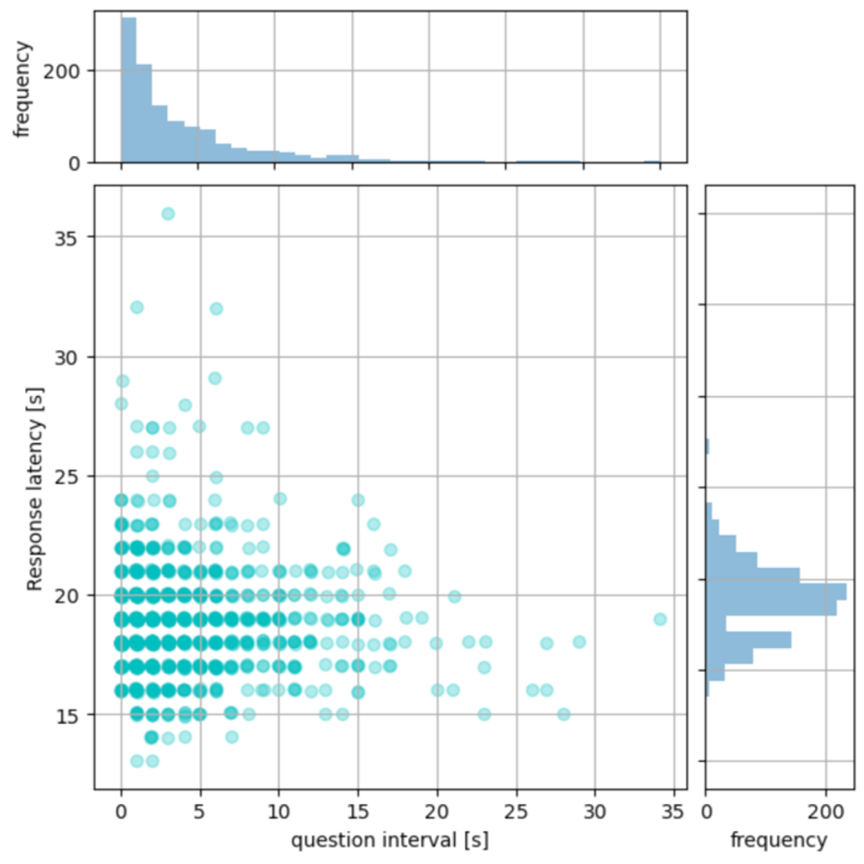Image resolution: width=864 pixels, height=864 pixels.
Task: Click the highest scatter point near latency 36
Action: click(168, 213)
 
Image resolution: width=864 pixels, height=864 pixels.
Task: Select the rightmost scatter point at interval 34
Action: click(660, 619)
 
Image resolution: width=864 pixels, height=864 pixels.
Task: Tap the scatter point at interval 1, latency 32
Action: click(137, 307)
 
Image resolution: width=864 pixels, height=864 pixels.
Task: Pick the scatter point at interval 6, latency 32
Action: click(216, 309)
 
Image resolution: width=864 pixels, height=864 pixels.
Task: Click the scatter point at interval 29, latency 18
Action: click(579, 641)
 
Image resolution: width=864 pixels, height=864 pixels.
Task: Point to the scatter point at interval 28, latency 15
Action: click(564, 714)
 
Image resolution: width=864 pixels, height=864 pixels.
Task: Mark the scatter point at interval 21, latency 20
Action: click(455, 597)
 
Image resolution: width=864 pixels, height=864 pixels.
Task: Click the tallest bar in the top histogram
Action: click(129, 89)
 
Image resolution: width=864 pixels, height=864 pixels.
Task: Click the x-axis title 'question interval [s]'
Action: click(390, 840)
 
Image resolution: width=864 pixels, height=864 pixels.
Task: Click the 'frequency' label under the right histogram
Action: click(778, 840)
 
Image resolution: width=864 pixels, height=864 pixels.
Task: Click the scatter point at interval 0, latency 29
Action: click(122, 381)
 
